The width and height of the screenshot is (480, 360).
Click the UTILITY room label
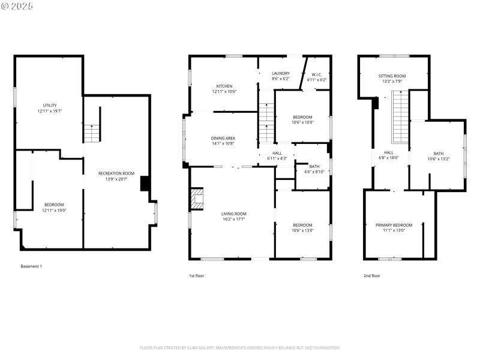pos(50,105)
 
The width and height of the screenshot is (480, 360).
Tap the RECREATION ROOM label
pos(116,173)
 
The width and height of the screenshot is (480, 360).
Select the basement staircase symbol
pos(91,133)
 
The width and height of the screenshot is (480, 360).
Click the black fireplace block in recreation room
pos(145,184)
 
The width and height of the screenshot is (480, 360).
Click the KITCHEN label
pos(224,86)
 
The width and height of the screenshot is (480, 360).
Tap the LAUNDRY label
pos(281,73)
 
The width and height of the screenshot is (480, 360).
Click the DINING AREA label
pos(223,138)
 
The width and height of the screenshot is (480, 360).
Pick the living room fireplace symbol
pos(197,199)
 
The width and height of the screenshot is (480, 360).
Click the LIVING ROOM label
pos(233,214)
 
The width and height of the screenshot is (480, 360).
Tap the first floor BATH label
pos(314,166)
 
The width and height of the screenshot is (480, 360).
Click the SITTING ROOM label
pos(392,76)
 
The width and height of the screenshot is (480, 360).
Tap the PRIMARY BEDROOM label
pos(394,225)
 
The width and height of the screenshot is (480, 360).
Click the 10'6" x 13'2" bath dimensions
pos(439,159)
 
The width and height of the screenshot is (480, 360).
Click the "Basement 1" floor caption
pos(32,266)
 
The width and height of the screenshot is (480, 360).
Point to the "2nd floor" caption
pos(372,276)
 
